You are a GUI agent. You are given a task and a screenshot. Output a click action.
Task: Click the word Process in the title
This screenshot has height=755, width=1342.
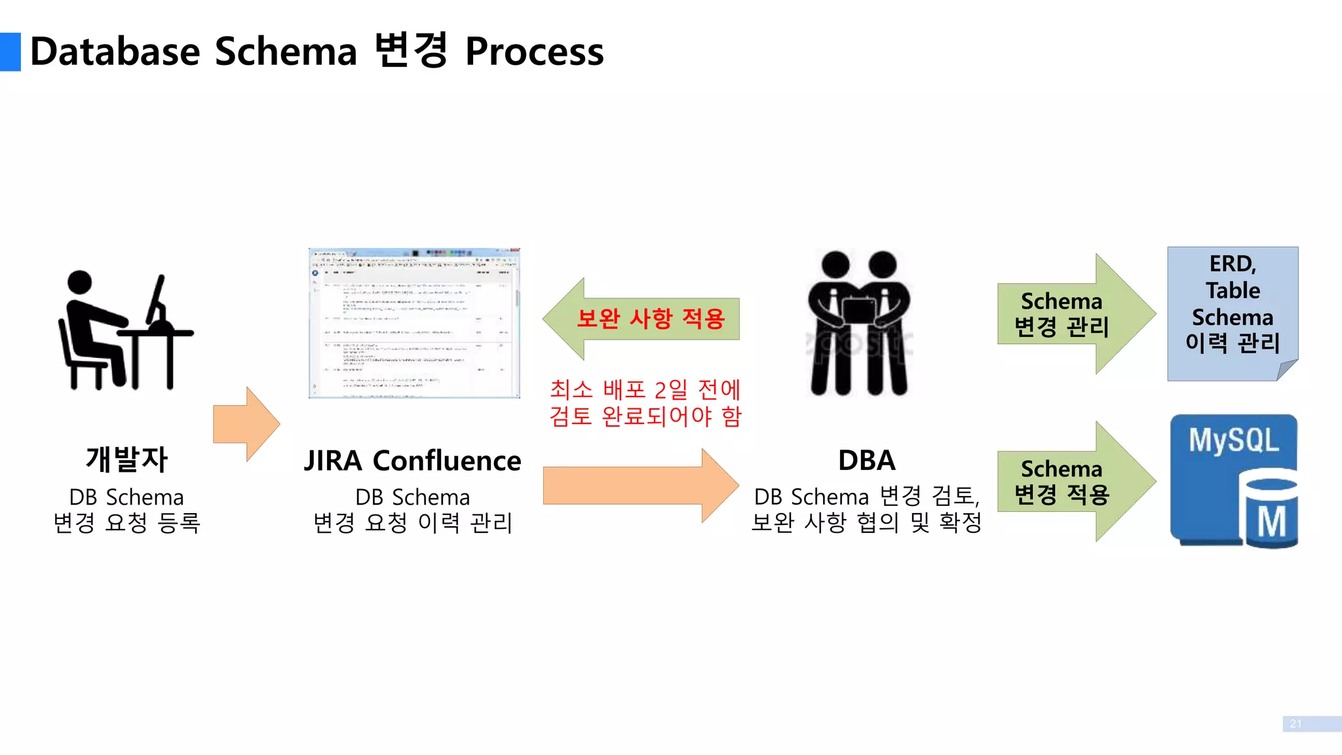[534, 52]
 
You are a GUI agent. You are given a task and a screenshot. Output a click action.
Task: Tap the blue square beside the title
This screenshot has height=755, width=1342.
[10, 52]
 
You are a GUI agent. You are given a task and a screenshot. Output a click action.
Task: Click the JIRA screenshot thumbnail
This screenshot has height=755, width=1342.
[414, 323]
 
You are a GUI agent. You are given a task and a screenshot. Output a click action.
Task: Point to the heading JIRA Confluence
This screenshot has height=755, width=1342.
[412, 461]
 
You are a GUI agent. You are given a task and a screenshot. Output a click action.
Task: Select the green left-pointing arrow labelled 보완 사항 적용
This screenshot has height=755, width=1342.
[642, 319]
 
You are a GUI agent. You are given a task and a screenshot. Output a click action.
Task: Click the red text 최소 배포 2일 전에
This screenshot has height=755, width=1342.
[645, 389]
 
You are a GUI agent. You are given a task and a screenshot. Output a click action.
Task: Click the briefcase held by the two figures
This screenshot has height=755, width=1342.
[858, 311]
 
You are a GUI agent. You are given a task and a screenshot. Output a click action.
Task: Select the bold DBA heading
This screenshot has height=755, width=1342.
[866, 460]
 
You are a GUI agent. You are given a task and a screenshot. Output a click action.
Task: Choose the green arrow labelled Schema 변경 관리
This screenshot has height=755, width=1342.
[1075, 314]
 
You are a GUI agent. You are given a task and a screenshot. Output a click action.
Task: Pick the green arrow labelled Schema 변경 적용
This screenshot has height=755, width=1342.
[1075, 482]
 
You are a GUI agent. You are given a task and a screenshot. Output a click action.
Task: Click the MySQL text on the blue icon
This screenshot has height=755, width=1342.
[1233, 440]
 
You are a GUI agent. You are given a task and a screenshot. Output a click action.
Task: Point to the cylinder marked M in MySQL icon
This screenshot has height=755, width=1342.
[1271, 514]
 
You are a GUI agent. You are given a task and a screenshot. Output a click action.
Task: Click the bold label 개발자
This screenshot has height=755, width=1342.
[126, 459]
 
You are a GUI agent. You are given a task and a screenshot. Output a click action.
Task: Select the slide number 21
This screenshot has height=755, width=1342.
[1295, 724]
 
